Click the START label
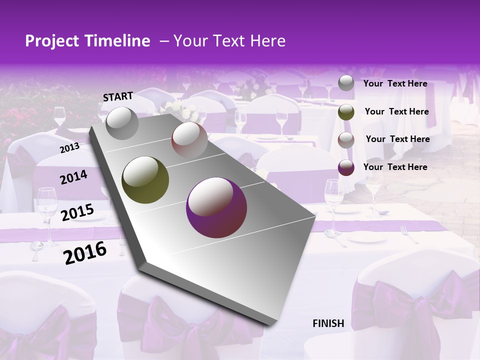[118, 96]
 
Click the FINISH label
[328, 323]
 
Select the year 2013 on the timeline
[69, 147]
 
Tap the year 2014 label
[74, 177]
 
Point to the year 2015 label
[77, 212]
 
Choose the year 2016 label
[85, 252]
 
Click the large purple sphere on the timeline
[216, 207]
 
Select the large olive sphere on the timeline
[145, 179]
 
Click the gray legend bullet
[346, 83]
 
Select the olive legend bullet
[346, 112]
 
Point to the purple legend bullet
[346, 167]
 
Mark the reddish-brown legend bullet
[346, 140]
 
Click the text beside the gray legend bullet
[395, 83]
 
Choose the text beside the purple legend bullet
[395, 167]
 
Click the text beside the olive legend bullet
[397, 111]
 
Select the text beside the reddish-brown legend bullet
[398, 139]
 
